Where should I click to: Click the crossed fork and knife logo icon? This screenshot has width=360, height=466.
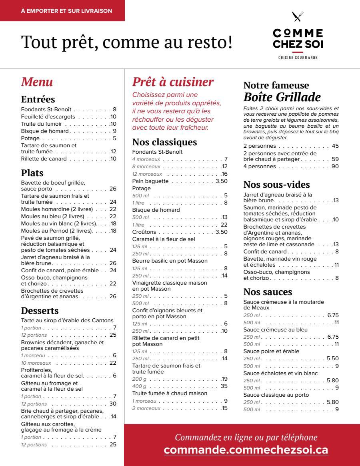[x=298, y=16]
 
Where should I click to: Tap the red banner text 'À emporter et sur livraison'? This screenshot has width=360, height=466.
[x=66, y=11]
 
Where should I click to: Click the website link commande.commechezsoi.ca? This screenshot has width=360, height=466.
[x=246, y=450]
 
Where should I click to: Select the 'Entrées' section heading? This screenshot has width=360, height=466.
[x=38, y=99]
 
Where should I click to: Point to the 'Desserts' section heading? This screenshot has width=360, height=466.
[x=40, y=311]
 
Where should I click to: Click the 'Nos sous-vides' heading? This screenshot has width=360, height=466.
[x=276, y=185]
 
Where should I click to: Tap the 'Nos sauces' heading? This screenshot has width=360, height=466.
[x=268, y=292]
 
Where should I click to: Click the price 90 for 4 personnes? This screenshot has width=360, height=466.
[x=335, y=167]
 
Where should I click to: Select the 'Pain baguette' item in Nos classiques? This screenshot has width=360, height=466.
[x=147, y=181]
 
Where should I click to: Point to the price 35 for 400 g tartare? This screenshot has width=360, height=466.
[x=224, y=386]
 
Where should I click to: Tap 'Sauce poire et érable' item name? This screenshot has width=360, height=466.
[x=271, y=352]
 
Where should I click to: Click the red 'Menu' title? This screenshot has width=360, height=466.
[x=37, y=82]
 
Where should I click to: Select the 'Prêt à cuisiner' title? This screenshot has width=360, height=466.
[x=173, y=82]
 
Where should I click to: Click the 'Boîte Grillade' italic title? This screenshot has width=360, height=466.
[x=282, y=97]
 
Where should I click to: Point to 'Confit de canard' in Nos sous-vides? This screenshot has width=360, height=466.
[x=265, y=252]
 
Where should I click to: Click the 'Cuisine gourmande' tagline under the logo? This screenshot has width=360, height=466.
[x=298, y=58]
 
